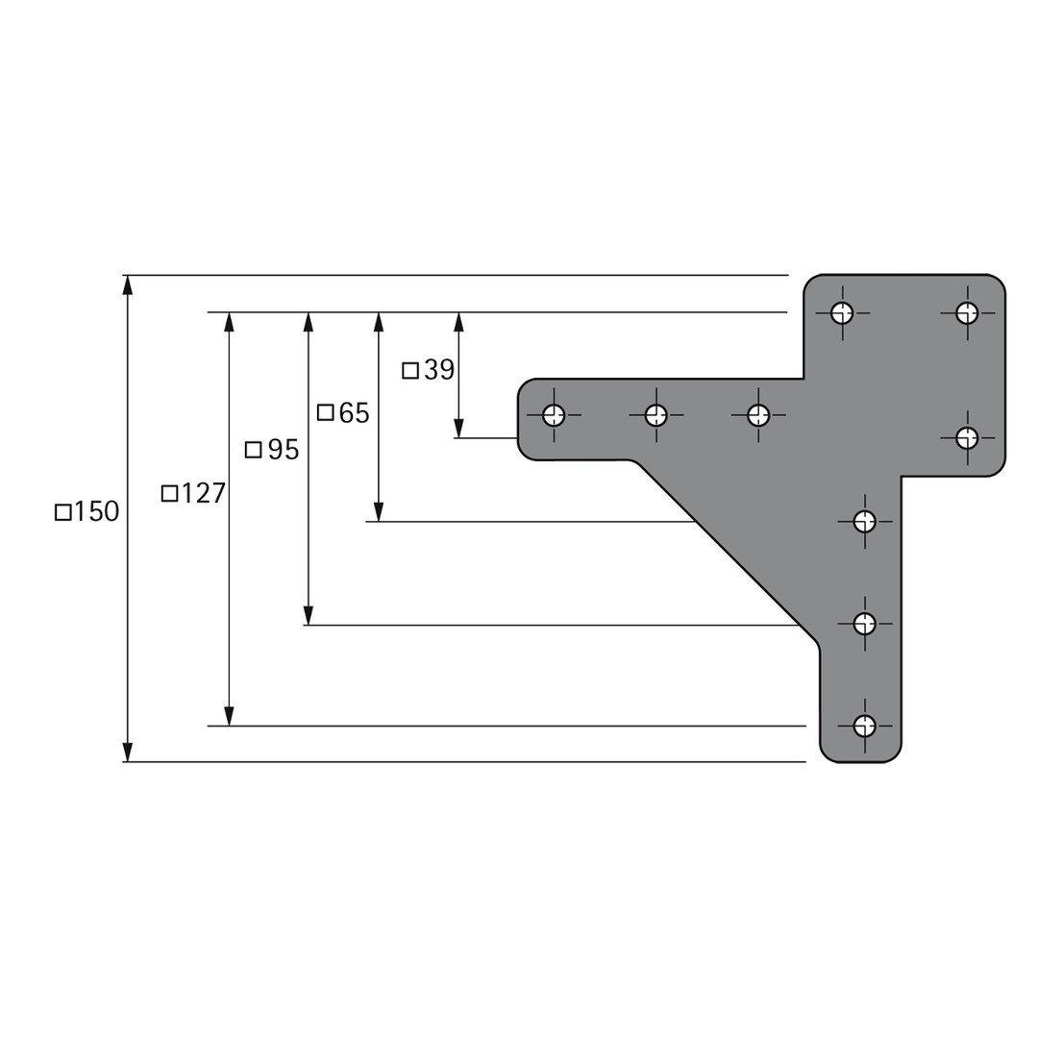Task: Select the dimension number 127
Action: (x=203, y=493)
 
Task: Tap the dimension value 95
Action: (x=284, y=450)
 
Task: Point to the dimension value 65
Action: (x=354, y=413)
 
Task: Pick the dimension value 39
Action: (x=439, y=370)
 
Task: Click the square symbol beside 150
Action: (x=62, y=512)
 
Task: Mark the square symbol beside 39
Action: (x=410, y=371)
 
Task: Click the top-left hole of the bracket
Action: (x=842, y=312)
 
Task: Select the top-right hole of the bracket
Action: (x=967, y=312)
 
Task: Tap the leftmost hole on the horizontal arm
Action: (x=554, y=416)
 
